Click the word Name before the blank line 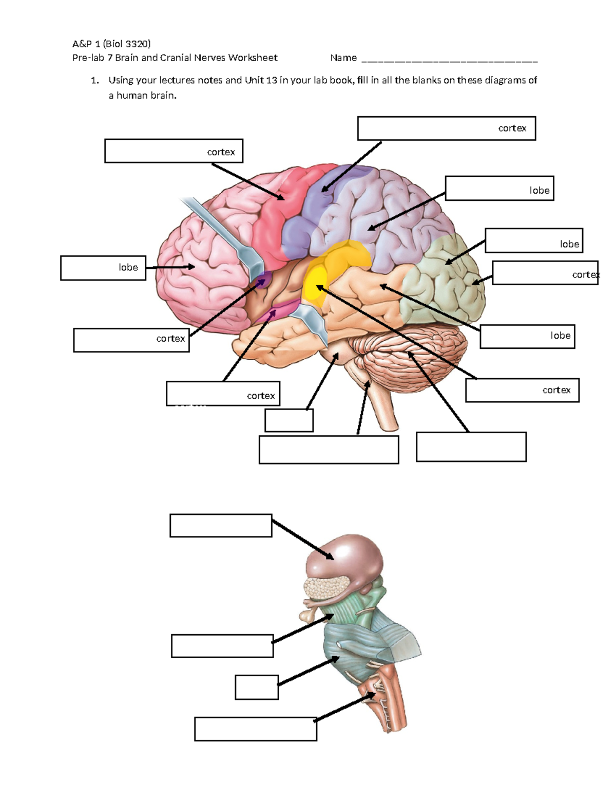(343, 58)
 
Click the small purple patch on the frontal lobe (263, 280)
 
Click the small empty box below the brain (289, 420)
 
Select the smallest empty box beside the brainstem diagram (257, 687)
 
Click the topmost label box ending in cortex (446, 128)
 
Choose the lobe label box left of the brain (103, 268)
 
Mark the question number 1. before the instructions (94, 80)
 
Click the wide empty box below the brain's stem (329, 450)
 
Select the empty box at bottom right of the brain (471, 447)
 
